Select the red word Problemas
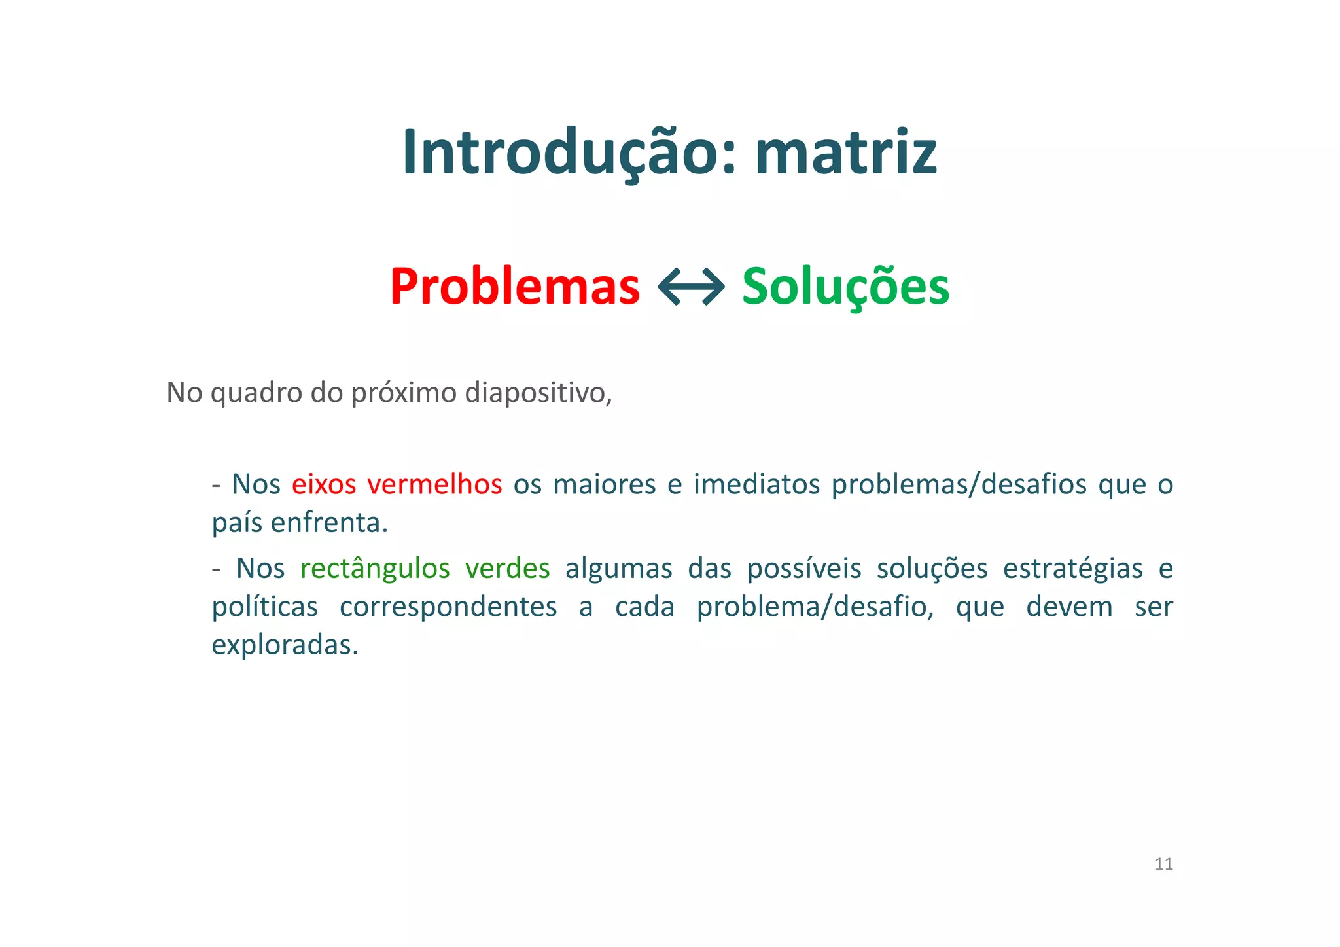pyautogui.click(x=514, y=287)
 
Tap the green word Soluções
pyautogui.click(x=845, y=287)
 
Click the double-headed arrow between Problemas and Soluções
pyautogui.click(x=691, y=287)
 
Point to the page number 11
pyautogui.click(x=1163, y=864)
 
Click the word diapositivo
pyautogui.click(x=538, y=393)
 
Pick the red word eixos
pyautogui.click(x=324, y=484)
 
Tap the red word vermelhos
pyautogui.click(x=434, y=484)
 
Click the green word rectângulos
pyautogui.click(x=375, y=568)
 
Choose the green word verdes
pyautogui.click(x=507, y=568)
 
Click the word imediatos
pyautogui.click(x=756, y=484)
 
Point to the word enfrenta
pyautogui.click(x=329, y=523)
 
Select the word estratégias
pyautogui.click(x=1072, y=568)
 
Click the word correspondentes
pyautogui.click(x=448, y=607)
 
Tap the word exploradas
pyautogui.click(x=285, y=645)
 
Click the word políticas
pyautogui.click(x=265, y=607)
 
